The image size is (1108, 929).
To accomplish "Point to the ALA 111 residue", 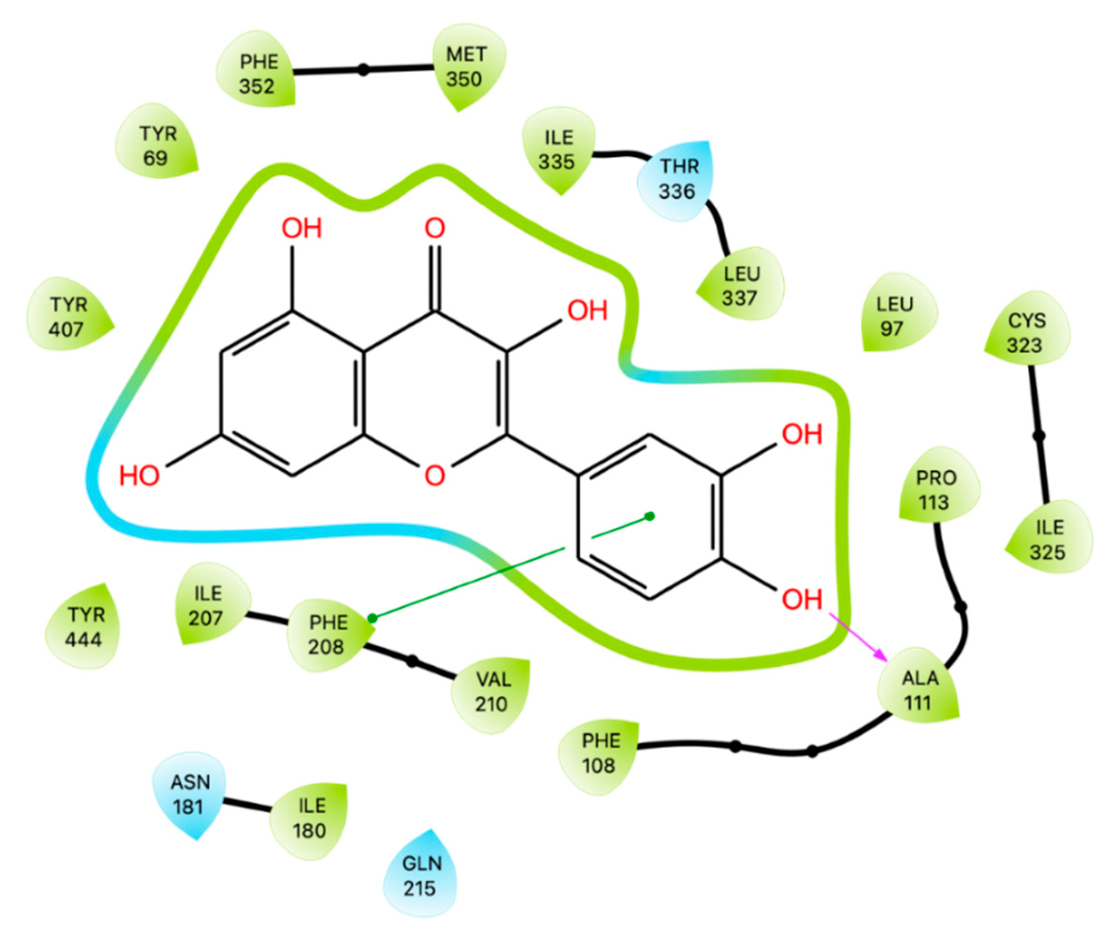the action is (x=919, y=690).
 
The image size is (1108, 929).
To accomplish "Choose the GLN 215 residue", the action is (x=421, y=876).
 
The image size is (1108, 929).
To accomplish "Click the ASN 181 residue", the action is (x=189, y=794).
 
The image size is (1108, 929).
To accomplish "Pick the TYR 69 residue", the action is (x=157, y=145).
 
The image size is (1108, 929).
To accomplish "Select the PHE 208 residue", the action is (x=328, y=634).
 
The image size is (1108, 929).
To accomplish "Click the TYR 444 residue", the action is (x=85, y=627).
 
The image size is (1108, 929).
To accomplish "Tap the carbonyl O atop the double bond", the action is (x=435, y=228).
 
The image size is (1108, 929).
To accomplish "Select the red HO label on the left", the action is (x=139, y=476).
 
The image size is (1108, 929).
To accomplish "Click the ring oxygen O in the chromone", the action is (x=435, y=475).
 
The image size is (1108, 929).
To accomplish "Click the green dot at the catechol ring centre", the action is (x=650, y=516).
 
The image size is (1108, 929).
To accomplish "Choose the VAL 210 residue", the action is (x=492, y=692).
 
